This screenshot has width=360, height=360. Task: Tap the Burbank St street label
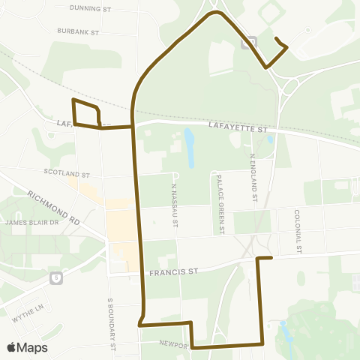78,31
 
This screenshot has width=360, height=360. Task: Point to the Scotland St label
67,172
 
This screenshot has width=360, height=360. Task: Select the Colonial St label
298,230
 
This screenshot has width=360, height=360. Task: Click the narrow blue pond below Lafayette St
189,147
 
